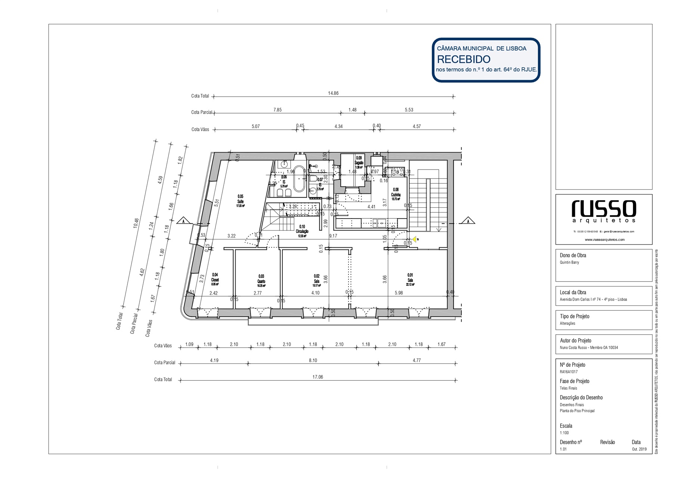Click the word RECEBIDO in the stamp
[463, 59]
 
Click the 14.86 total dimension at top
[333, 93]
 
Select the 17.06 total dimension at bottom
[317, 377]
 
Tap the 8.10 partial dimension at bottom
[313, 360]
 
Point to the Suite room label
[240, 201]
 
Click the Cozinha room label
[396, 195]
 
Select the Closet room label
[215, 280]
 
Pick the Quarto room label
[261, 281]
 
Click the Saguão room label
[359, 163]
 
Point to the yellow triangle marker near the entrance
[414, 239]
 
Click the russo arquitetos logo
[604, 211]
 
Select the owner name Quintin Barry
[569, 263]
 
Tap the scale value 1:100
[564, 433]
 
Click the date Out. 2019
[639, 449]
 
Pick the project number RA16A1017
[568, 372]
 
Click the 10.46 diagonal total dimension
[136, 223]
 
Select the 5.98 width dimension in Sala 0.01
[399, 293]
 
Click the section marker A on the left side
[183, 221]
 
